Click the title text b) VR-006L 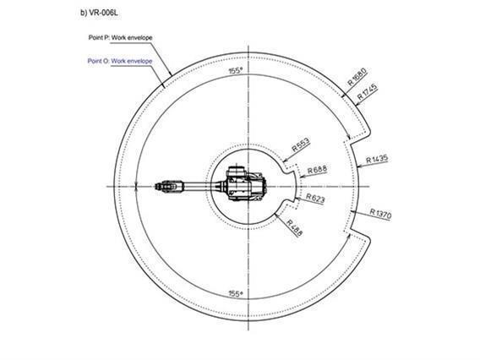point(99,14)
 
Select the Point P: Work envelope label point(120,38)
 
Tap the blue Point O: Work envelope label point(120,61)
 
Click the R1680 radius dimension point(357,77)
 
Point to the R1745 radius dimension point(368,91)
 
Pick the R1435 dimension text point(377,160)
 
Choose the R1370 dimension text point(380,213)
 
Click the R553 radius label point(301,145)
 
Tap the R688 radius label point(317,170)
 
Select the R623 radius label point(315,199)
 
